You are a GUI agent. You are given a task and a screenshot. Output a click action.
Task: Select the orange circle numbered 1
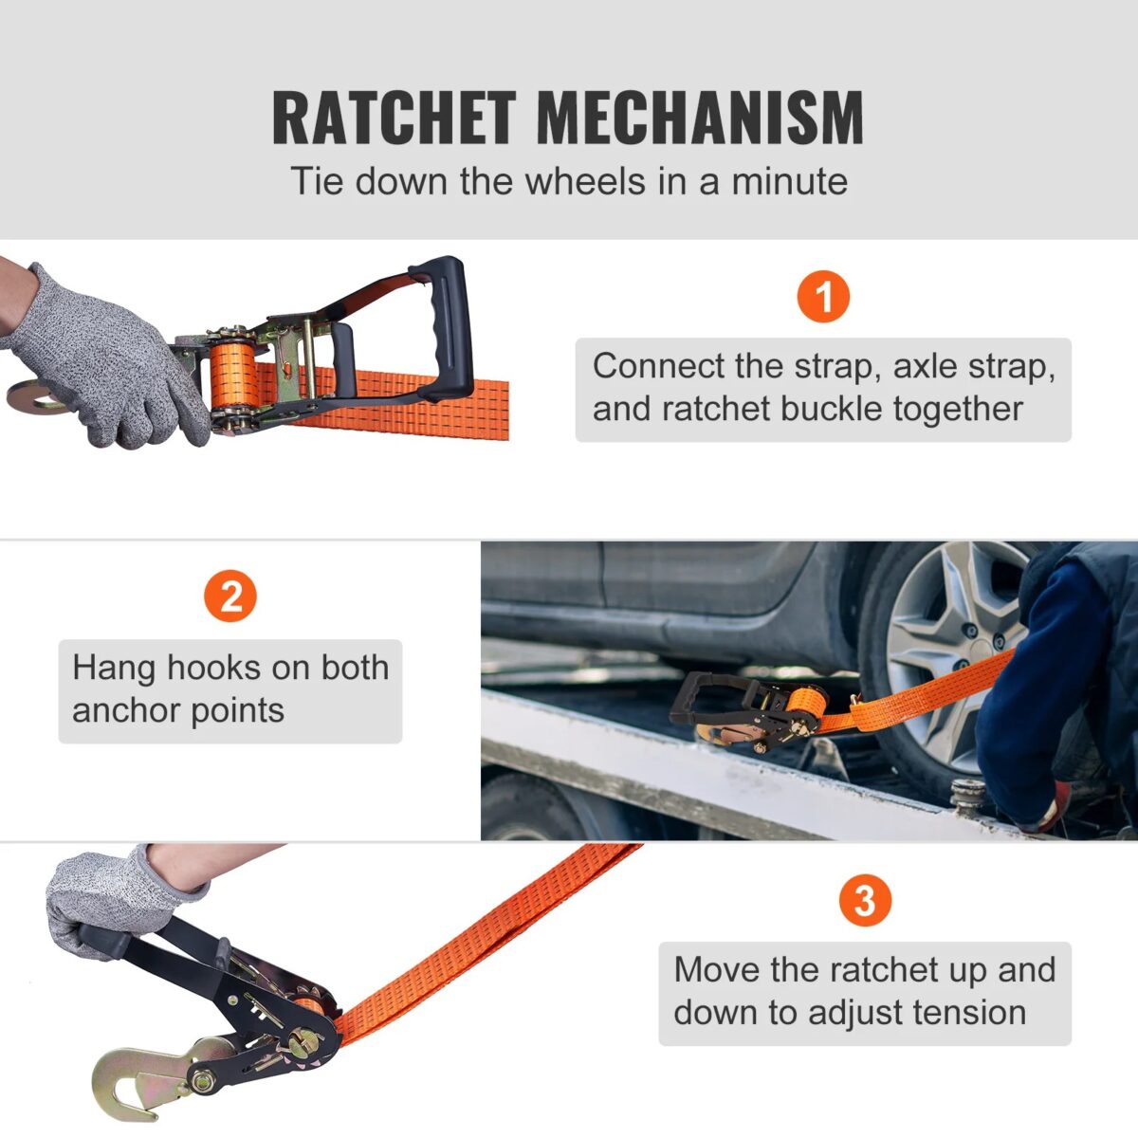[823, 296]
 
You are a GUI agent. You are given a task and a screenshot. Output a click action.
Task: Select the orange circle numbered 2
[230, 597]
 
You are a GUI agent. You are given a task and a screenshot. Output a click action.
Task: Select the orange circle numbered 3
[865, 899]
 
